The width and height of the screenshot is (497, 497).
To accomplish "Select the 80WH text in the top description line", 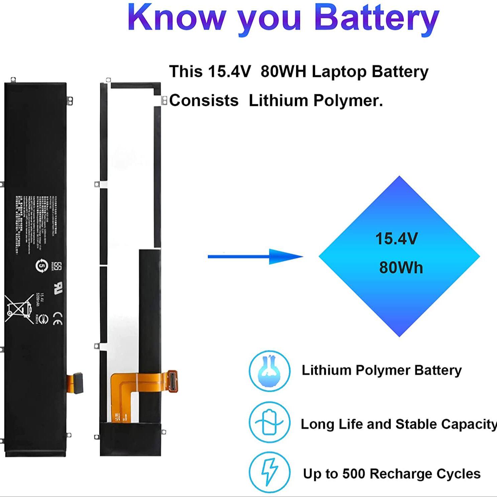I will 283,72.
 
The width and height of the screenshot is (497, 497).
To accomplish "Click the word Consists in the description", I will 204,101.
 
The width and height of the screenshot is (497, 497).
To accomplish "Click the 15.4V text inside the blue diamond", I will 396,239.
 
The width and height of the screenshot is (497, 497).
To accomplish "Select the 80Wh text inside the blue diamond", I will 401,268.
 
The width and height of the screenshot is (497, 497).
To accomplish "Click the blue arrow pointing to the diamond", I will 255,256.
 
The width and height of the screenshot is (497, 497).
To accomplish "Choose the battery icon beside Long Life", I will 269,422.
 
